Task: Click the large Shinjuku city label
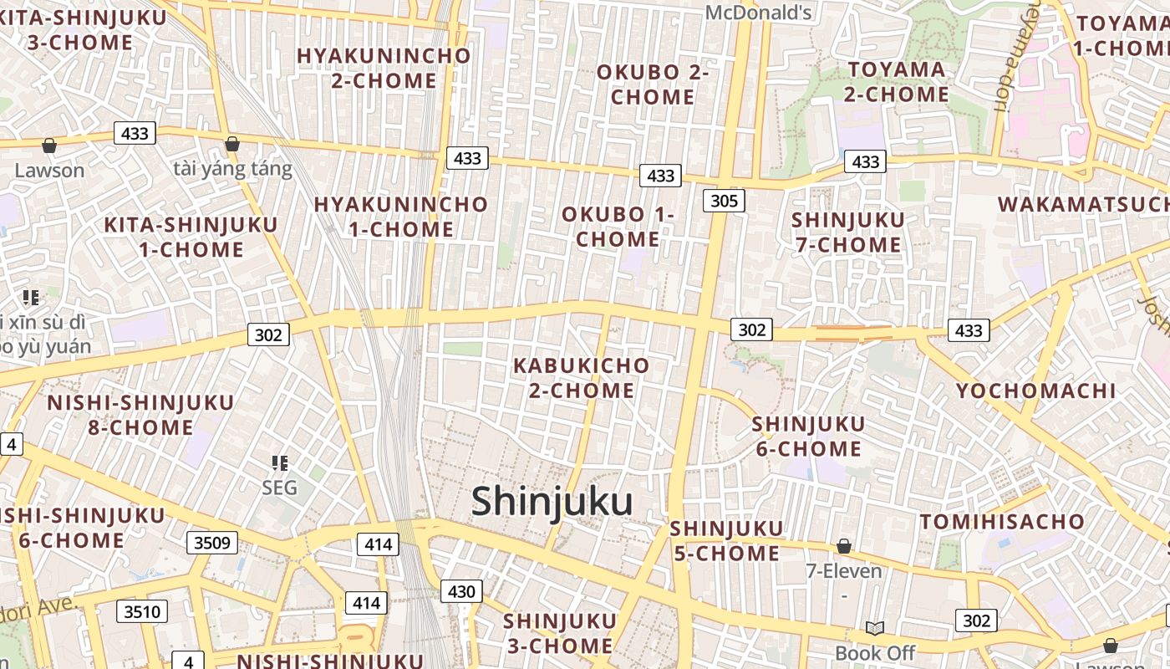pos(552,502)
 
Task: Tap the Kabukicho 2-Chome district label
pos(581,378)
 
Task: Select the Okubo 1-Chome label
pos(618,227)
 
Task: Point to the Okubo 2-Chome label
pos(653,84)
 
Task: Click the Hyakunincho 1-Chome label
pos(400,217)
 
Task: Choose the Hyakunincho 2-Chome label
pos(384,69)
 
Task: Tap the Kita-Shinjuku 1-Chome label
pos(191,237)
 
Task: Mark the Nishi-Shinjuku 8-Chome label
pos(140,415)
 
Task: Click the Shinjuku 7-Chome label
pos(847,232)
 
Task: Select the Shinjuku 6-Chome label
pos(808,437)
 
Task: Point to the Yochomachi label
pos(1035,391)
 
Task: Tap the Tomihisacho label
pos(1002,522)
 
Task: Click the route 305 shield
pos(724,201)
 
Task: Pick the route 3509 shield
pos(211,543)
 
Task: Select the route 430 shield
pos(461,592)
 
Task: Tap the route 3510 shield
pos(141,611)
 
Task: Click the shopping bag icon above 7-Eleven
pos(844,547)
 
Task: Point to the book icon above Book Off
pos(875,628)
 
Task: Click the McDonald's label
pos(759,12)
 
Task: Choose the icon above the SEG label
pos(280,462)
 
